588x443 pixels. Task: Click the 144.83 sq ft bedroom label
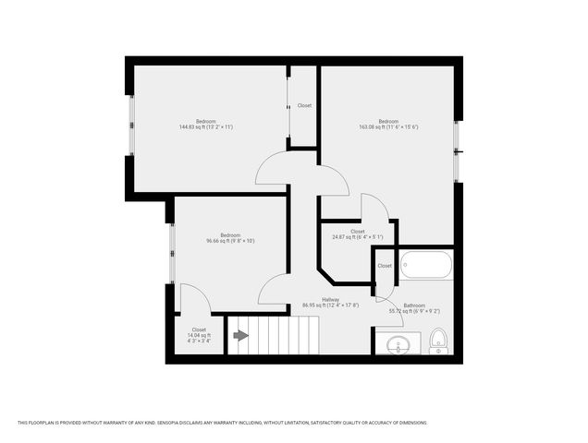point(205,125)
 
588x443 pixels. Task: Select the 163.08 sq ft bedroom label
point(388,125)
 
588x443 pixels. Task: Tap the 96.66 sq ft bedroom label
point(230,238)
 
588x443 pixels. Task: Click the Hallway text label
point(330,299)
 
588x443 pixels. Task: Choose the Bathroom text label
point(413,305)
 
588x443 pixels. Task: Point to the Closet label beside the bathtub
point(385,266)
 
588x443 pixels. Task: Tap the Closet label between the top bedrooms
point(304,105)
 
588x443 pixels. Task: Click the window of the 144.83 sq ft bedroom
point(131,125)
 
